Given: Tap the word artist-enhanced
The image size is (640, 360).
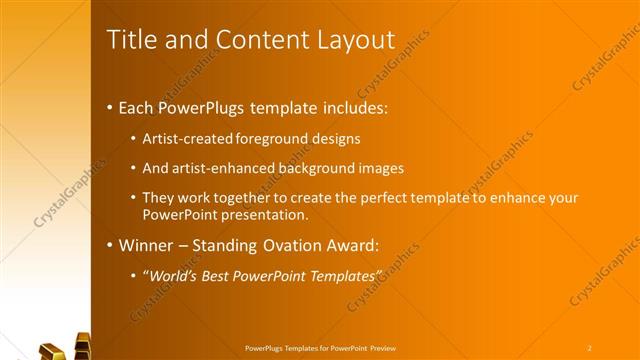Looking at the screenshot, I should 223,168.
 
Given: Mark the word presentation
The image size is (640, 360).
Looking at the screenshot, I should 259,214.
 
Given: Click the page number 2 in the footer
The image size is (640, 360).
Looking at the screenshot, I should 589,347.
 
